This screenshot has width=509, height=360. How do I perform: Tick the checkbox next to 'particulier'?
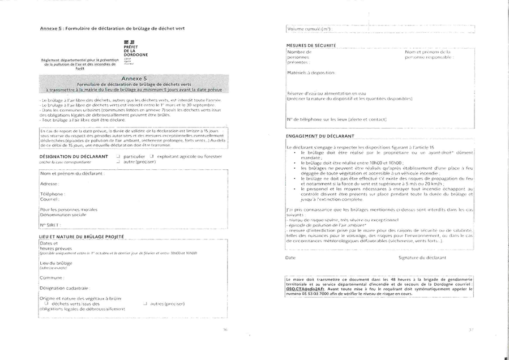118,156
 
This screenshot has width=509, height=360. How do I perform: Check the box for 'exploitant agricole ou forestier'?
151,156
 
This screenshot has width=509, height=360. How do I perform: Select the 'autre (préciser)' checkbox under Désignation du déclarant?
118,161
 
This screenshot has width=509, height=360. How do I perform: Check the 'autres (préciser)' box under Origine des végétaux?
146,303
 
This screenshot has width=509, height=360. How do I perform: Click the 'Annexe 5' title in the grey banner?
134,79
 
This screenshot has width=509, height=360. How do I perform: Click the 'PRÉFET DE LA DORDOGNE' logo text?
131,52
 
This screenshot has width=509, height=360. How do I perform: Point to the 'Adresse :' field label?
50,184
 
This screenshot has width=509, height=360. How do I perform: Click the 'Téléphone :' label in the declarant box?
53,194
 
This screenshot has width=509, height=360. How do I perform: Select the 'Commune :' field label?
52,278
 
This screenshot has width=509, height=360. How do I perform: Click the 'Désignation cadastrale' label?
64,288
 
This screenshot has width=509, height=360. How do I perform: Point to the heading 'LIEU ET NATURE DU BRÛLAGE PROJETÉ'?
81,235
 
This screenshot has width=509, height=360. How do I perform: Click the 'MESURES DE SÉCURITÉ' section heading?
311,45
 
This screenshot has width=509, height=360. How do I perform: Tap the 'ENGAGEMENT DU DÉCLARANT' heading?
320,136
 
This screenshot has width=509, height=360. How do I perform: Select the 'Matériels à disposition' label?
311,72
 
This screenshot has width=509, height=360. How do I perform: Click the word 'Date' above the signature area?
290,258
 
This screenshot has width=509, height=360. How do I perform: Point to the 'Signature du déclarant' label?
422,258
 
